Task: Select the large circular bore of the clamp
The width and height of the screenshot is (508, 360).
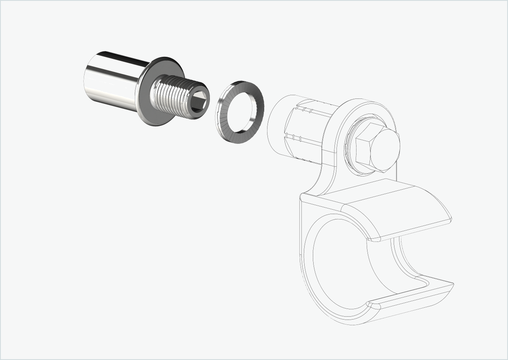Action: [343, 262]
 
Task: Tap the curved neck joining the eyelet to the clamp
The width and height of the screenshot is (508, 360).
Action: [323, 180]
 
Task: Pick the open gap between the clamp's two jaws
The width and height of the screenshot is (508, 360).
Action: [425, 253]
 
